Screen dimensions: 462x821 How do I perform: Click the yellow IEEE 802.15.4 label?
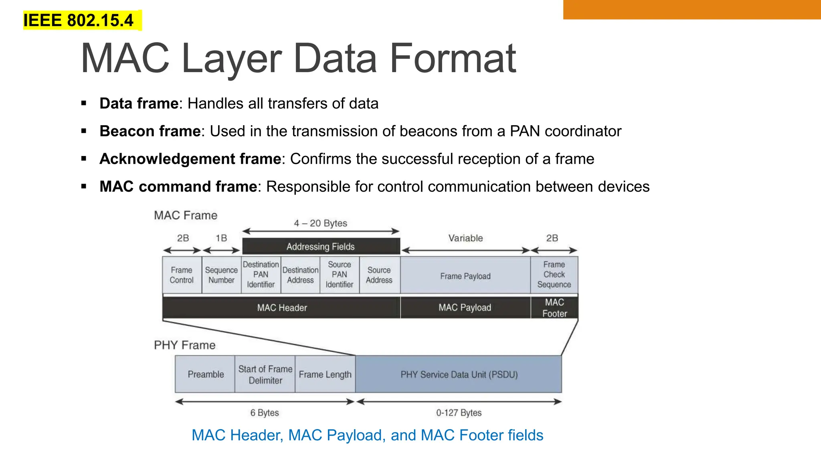pyautogui.click(x=79, y=20)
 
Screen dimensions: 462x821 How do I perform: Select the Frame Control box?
pyautogui.click(x=182, y=275)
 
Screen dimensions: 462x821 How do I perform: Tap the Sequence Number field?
pyautogui.click(x=221, y=275)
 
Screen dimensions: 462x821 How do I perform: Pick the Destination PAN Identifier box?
pyautogui.click(x=261, y=275)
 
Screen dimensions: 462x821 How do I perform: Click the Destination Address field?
pyautogui.click(x=300, y=275)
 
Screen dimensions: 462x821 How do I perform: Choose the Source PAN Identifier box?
pyautogui.click(x=340, y=275)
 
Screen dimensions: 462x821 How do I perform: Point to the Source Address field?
pyautogui.click(x=379, y=275)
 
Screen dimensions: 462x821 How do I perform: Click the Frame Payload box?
pyautogui.click(x=465, y=276)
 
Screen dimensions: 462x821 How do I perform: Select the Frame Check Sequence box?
pyautogui.click(x=554, y=275)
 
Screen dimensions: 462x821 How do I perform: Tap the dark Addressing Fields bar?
pyautogui.click(x=321, y=246)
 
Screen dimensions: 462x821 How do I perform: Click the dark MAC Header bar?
pyautogui.click(x=282, y=308)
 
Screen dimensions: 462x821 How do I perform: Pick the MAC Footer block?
pyautogui.click(x=554, y=308)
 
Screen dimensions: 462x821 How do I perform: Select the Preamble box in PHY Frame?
pyautogui.click(x=205, y=374)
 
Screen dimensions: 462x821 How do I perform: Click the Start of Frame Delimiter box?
pyautogui.click(x=265, y=374)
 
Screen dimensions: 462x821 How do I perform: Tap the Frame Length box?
pyautogui.click(x=325, y=374)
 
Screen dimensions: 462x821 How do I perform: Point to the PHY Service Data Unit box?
pyautogui.click(x=459, y=374)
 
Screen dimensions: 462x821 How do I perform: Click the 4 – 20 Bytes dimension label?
pyautogui.click(x=320, y=223)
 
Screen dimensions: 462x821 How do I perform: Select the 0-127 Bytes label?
pyautogui.click(x=459, y=413)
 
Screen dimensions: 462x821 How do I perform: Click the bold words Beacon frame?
pyautogui.click(x=150, y=131)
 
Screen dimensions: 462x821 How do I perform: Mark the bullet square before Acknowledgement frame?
pyautogui.click(x=84, y=159)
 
